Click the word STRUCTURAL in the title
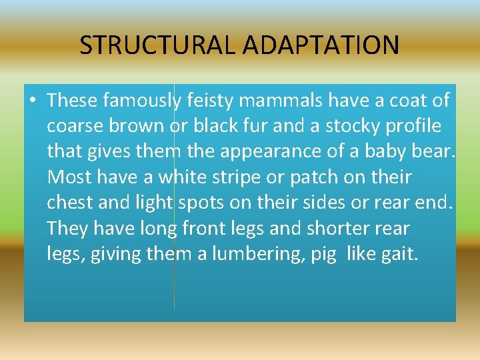158,45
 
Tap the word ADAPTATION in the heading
321,45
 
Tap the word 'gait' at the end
399,254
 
